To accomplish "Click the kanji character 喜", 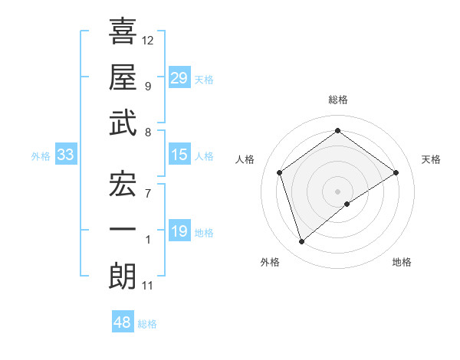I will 123,33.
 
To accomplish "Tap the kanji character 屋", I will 123,77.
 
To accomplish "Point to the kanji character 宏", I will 123,184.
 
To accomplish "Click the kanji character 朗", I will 123,276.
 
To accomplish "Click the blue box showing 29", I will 179,78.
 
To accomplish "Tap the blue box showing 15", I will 179,155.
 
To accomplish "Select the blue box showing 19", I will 179,231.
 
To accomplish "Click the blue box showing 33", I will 66,155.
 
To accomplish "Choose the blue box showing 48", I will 123,322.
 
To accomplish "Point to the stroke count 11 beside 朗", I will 148,286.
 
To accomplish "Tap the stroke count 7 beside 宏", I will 148,194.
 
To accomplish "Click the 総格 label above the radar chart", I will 337,100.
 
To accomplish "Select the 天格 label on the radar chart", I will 431,159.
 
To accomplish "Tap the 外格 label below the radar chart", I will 270,262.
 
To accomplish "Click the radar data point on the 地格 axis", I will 347,204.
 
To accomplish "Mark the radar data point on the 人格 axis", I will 280,172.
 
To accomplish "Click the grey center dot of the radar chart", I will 337,190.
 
